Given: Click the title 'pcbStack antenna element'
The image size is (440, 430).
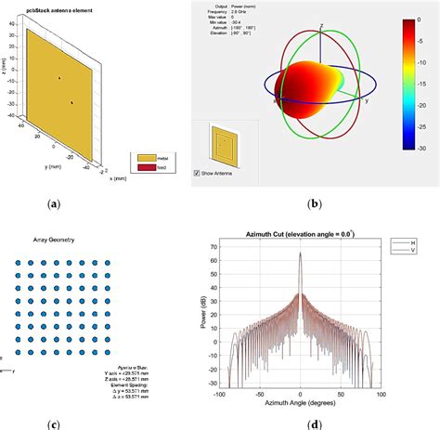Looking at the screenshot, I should [x=55, y=7].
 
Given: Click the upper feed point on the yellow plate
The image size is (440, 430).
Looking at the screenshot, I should [x=60, y=79].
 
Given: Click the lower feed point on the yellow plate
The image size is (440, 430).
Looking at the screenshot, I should [x=71, y=102].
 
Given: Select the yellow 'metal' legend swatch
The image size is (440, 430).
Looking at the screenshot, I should [x=147, y=160].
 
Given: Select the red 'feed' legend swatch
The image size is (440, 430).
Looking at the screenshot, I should [x=147, y=169].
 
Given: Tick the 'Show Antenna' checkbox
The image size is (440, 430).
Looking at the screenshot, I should [x=196, y=173].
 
